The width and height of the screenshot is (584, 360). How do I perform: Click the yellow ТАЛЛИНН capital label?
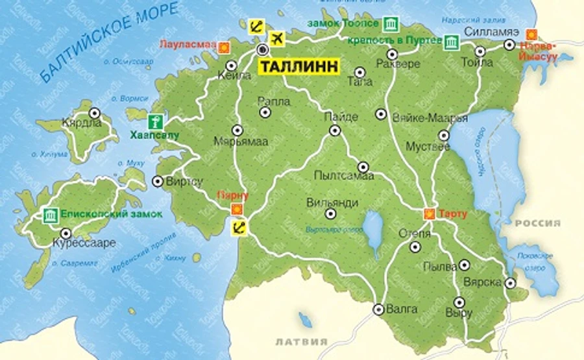(x=299, y=67)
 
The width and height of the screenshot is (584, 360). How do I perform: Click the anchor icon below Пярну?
(x=238, y=226)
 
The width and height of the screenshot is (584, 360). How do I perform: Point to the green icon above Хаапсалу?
(x=154, y=121)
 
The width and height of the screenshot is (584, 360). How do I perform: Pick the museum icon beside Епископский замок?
(x=49, y=215)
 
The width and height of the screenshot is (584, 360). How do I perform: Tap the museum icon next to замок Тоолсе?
(x=390, y=25)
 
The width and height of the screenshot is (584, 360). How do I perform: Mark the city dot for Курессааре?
(x=65, y=233)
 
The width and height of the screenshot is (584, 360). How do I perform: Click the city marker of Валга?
(x=378, y=309)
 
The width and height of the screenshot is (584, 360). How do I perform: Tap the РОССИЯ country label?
(x=537, y=223)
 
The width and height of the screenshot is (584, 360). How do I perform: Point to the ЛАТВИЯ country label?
(x=301, y=341)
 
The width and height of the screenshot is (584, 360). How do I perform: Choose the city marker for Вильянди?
(x=330, y=212)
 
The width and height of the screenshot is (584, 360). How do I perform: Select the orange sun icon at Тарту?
(x=429, y=213)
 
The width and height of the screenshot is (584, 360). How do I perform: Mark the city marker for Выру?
(x=459, y=301)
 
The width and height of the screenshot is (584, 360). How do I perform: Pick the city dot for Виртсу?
(x=157, y=181)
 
